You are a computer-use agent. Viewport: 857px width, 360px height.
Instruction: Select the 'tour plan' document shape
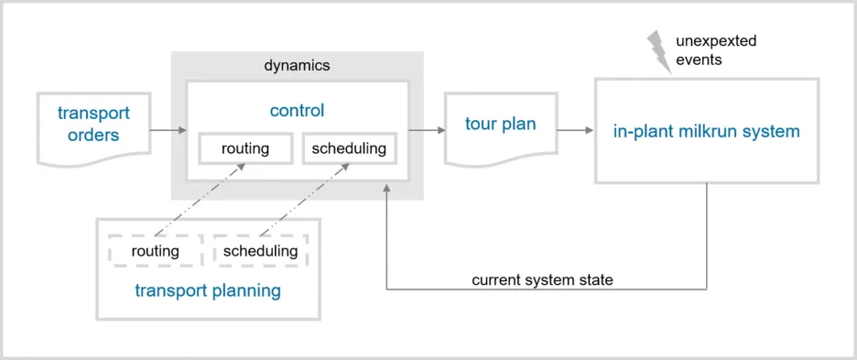(500, 125)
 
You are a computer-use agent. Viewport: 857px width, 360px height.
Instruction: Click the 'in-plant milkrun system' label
(706, 131)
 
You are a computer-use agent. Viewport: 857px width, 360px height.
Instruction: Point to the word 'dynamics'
(297, 66)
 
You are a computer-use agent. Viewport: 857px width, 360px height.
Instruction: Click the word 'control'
(297, 111)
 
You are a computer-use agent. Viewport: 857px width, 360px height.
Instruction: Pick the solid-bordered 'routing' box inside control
(245, 148)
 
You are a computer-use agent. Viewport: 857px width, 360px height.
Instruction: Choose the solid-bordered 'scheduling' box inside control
(349, 148)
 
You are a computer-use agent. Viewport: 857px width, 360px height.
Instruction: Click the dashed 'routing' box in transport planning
(155, 251)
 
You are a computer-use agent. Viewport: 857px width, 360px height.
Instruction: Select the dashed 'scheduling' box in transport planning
(261, 251)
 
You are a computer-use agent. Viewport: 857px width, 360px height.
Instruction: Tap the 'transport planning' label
(207, 291)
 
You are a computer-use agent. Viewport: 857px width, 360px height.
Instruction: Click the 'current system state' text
(542, 280)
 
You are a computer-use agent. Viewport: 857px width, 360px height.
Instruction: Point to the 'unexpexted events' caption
(716, 49)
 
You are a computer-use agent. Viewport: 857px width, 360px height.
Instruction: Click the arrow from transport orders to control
(168, 130)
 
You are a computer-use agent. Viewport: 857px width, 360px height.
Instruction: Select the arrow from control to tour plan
(422, 130)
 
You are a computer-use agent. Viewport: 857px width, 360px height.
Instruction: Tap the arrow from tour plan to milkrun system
(575, 130)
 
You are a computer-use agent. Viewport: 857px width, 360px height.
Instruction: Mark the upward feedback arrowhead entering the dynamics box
(387, 188)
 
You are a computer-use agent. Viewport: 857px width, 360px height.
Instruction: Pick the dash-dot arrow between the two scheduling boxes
(303, 200)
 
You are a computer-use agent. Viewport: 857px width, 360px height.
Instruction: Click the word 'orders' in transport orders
(93, 136)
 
